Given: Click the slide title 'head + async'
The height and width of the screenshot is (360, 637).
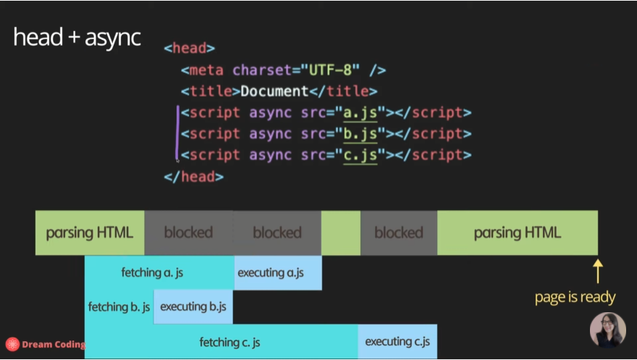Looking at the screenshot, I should (77, 38).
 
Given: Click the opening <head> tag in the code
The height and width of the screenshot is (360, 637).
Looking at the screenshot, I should (189, 49).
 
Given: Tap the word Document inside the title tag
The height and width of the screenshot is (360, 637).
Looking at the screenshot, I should (274, 91).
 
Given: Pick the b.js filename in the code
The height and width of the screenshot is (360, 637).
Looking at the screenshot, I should (360, 134).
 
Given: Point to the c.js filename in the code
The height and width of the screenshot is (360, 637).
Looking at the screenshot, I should (360, 155).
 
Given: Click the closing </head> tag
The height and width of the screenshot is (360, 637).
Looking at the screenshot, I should (193, 176).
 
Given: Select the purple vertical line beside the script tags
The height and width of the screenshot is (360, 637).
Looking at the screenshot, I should (178, 133).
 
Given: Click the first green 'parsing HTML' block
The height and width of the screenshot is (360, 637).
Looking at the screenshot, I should (90, 233).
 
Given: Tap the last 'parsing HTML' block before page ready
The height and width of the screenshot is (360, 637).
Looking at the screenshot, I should (517, 233).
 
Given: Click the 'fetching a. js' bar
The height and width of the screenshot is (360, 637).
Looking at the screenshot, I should (159, 272).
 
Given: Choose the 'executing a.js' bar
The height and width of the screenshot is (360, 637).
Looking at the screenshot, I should (278, 272).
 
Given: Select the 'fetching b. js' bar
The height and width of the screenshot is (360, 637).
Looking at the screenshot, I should (119, 306).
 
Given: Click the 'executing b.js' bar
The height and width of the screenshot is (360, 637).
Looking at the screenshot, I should (193, 306).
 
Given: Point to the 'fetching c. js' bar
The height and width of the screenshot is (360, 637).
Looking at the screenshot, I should (222, 341).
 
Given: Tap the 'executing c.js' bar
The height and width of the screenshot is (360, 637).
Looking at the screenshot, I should (397, 341).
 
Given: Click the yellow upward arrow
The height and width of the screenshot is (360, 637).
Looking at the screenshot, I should (598, 271).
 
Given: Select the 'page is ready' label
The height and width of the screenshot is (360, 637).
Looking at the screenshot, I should (575, 297).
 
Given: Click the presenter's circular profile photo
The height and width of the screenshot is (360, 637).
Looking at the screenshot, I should (607, 330).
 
